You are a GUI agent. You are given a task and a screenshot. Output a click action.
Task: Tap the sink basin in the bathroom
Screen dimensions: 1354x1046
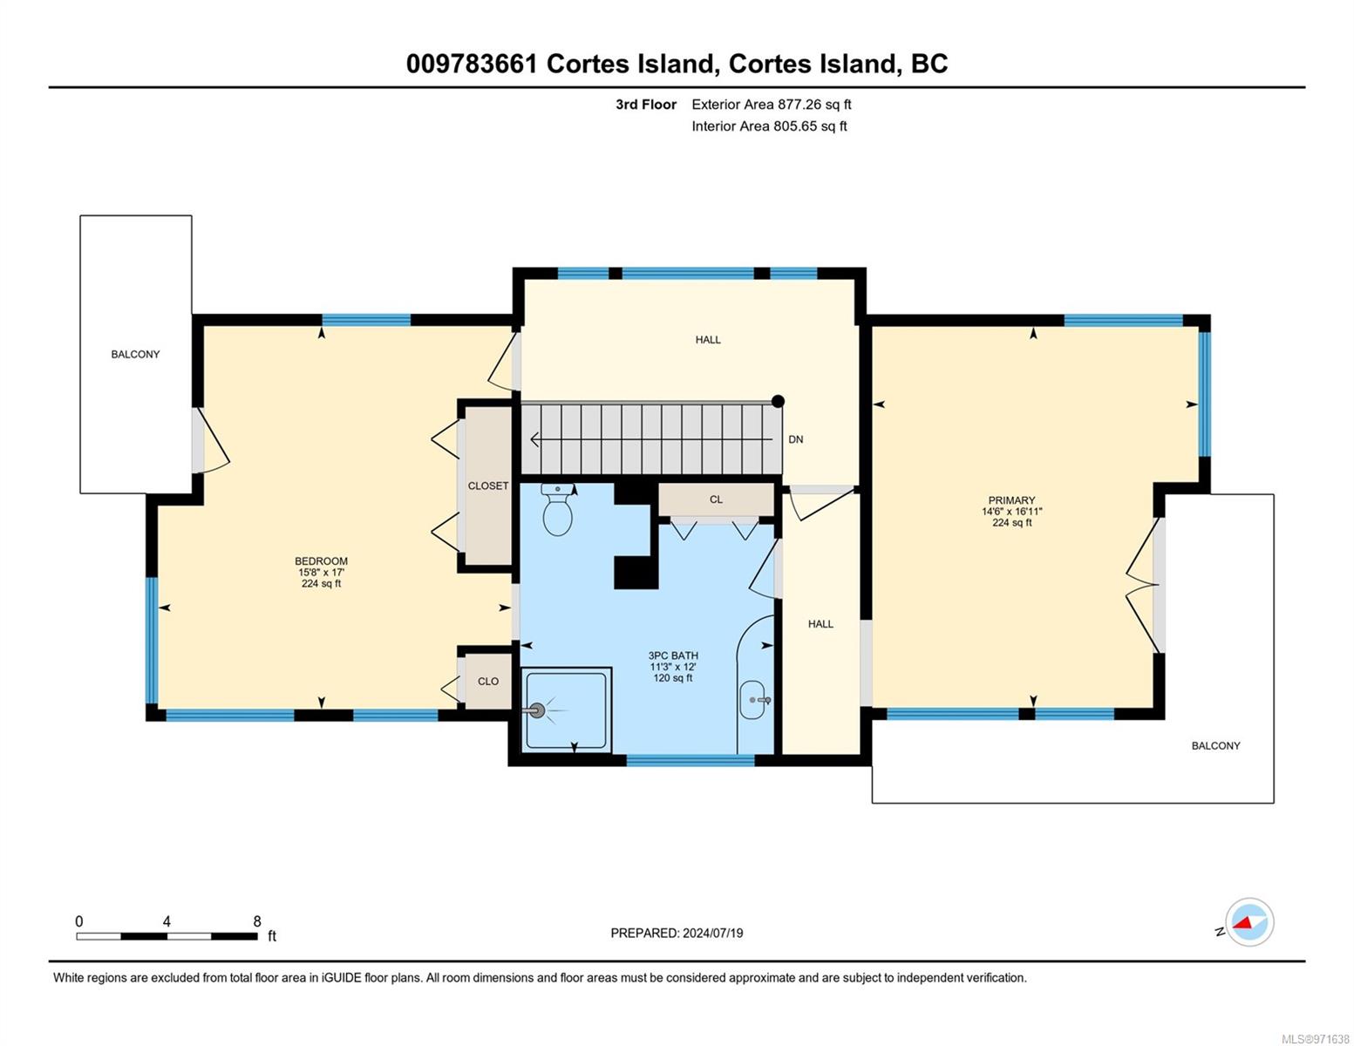pyautogui.click(x=753, y=700)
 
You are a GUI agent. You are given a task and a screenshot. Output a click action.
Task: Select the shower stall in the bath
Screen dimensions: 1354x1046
pyautogui.click(x=566, y=710)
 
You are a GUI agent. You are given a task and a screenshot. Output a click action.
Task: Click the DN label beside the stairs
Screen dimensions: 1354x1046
pyautogui.click(x=796, y=439)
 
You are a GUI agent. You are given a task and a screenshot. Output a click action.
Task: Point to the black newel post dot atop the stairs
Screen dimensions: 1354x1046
pyautogui.click(x=778, y=401)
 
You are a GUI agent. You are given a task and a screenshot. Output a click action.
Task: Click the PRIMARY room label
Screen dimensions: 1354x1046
pyautogui.click(x=1011, y=500)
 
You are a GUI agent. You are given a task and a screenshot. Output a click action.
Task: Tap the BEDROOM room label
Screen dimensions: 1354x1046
pyautogui.click(x=321, y=560)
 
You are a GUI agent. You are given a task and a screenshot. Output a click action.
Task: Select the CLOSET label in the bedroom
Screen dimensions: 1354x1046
pyautogui.click(x=488, y=486)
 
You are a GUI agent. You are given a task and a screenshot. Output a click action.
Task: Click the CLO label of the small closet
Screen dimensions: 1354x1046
pyautogui.click(x=488, y=682)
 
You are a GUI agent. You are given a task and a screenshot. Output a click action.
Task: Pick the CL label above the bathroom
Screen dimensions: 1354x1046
pyautogui.click(x=716, y=499)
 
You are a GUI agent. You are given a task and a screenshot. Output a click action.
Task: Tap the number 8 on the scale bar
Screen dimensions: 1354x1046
pyautogui.click(x=256, y=920)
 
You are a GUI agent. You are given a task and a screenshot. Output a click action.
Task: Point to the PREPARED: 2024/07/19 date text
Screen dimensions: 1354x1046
pyautogui.click(x=677, y=934)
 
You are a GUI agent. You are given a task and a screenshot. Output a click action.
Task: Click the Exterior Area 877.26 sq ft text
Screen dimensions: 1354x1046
pyautogui.click(x=772, y=105)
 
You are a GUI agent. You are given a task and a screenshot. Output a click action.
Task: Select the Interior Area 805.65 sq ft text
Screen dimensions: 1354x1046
pyautogui.click(x=770, y=126)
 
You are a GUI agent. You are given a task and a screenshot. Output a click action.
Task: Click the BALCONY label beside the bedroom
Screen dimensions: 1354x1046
pyautogui.click(x=135, y=355)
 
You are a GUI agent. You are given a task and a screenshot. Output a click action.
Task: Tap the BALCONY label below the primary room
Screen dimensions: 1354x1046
pyautogui.click(x=1215, y=746)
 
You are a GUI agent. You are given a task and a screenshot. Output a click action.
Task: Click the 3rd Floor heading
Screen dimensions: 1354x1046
pyautogui.click(x=645, y=105)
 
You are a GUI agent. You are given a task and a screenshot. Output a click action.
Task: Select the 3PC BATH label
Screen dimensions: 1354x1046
pyautogui.click(x=673, y=655)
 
